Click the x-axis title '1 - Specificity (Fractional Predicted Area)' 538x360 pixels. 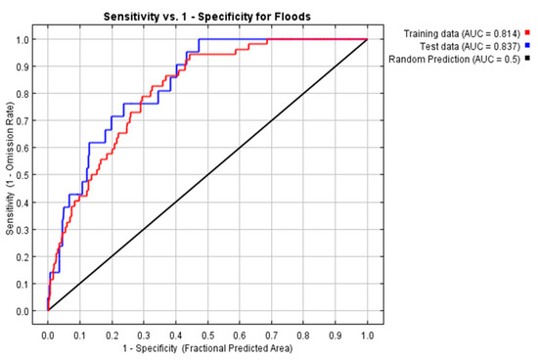[x=206, y=347]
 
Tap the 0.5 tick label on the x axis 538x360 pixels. [x=207, y=333]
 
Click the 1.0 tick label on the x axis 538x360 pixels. [x=367, y=333]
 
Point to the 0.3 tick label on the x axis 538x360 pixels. [x=143, y=333]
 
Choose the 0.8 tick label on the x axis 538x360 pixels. [x=303, y=333]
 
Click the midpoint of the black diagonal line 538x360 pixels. [x=207, y=175]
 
